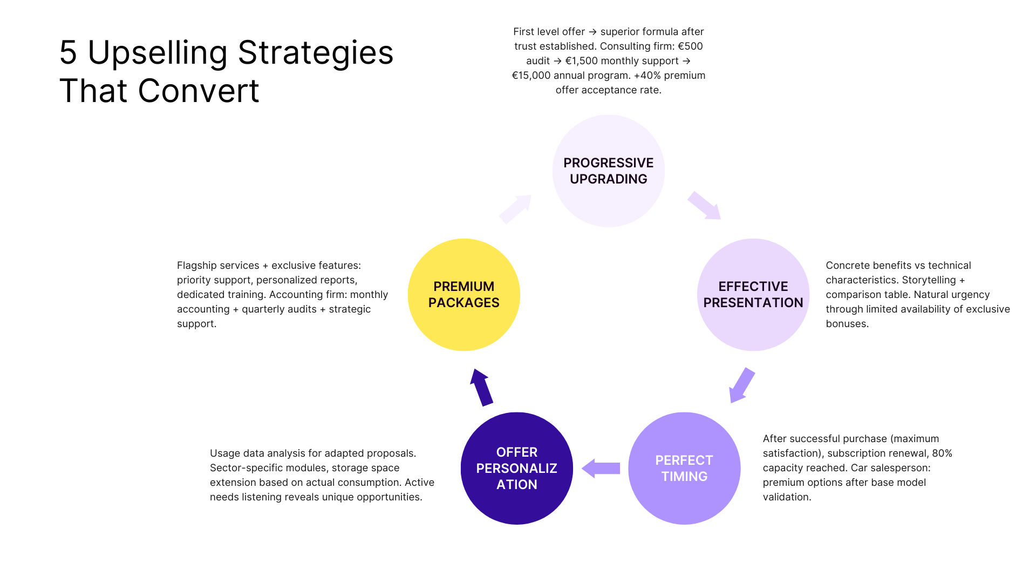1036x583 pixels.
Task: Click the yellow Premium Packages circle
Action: click(464, 295)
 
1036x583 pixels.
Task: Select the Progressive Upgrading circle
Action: click(608, 171)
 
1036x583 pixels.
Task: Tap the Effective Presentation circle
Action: click(753, 295)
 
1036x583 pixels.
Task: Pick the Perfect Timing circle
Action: click(684, 468)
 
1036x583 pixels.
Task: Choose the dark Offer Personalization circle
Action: click(516, 468)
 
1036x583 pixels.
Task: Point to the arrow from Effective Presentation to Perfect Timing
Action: click(741, 385)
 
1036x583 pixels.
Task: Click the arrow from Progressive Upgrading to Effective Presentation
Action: click(704, 206)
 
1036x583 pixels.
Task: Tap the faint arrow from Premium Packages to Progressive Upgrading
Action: click(515, 209)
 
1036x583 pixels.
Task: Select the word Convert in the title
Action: click(199, 91)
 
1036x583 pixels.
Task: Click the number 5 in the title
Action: click(68, 53)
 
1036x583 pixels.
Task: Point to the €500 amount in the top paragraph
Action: click(690, 46)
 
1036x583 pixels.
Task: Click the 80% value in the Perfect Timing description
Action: click(942, 453)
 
